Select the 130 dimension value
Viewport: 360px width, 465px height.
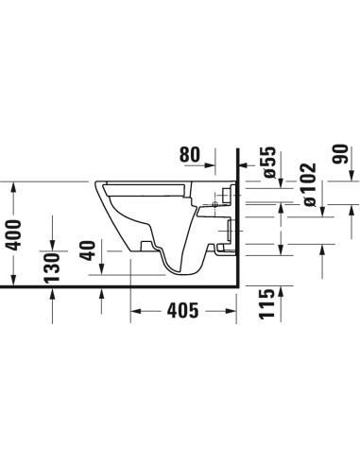pos(54,267)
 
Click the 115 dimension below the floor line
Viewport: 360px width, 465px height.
pos(268,307)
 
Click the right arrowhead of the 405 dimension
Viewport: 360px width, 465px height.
pos(231,311)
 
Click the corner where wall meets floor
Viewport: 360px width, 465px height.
pos(237,284)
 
